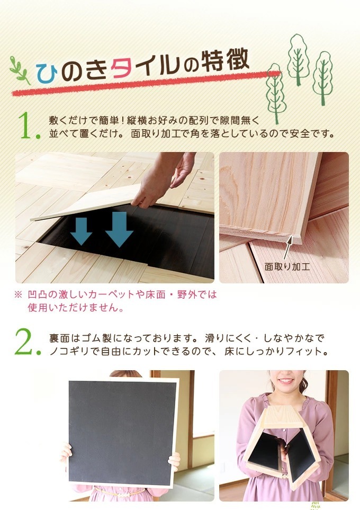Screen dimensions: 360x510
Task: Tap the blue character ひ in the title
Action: tap(47, 73)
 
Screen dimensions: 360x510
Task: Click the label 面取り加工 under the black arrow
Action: tap(287, 267)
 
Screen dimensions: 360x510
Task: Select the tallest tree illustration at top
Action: tap(298, 59)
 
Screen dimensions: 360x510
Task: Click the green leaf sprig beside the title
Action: tap(20, 70)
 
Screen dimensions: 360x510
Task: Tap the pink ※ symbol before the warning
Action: tap(18, 295)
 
